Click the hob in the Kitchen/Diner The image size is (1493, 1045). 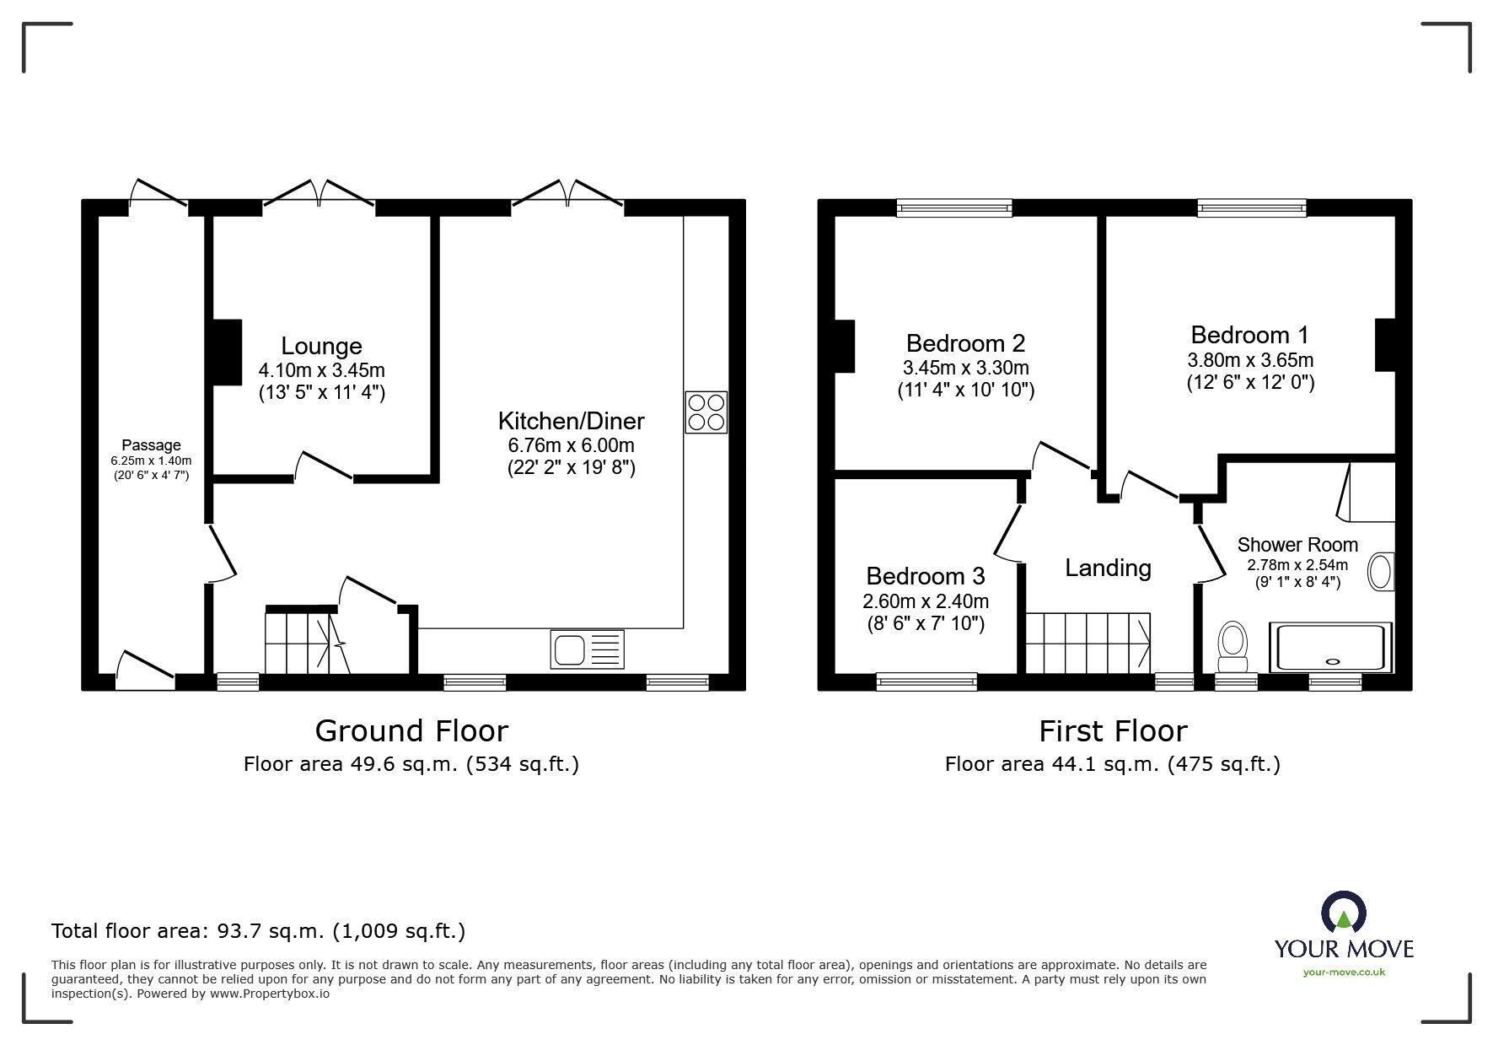coord(706,413)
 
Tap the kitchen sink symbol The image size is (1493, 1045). coord(588,649)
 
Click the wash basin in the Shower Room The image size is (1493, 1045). coord(1380,572)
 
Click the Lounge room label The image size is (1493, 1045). coord(321,346)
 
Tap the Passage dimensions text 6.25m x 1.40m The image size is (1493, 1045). coord(151,461)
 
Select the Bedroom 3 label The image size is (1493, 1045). coord(925,576)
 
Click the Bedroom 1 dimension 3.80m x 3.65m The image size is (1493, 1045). coord(1249,360)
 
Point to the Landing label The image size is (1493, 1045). coord(1108,568)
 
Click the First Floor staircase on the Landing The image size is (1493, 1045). coord(1088,643)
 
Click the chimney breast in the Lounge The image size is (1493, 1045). coord(226,353)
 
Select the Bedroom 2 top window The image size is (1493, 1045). coord(953,207)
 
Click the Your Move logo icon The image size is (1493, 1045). coord(1343,914)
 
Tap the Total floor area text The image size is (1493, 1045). coord(258,931)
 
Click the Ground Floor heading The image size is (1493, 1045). coord(411,730)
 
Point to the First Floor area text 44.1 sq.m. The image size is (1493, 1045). coord(1112,764)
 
